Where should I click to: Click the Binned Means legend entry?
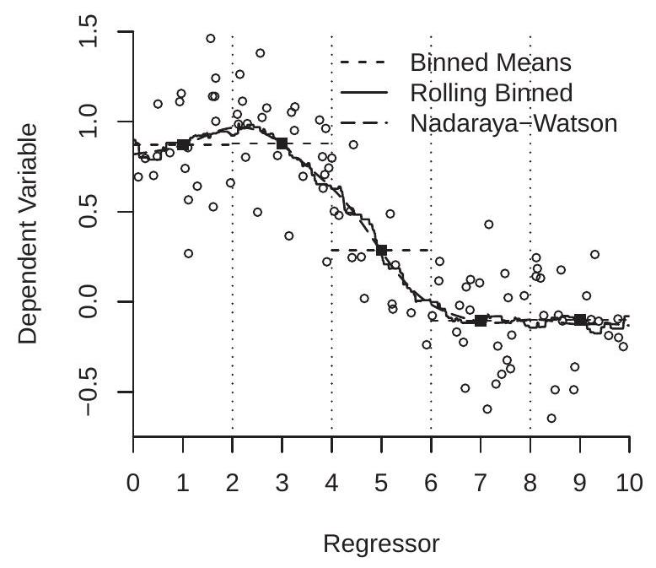pos(489,62)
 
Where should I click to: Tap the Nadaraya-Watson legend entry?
pos(514,122)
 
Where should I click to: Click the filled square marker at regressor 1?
pos(183,144)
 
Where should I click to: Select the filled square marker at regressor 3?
pos(282,143)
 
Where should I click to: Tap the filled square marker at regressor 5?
pos(381,250)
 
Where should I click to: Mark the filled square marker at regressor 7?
pos(481,320)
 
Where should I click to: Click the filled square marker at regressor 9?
pos(580,319)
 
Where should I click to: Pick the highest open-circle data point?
pos(211,38)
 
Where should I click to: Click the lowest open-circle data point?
pos(551,418)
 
